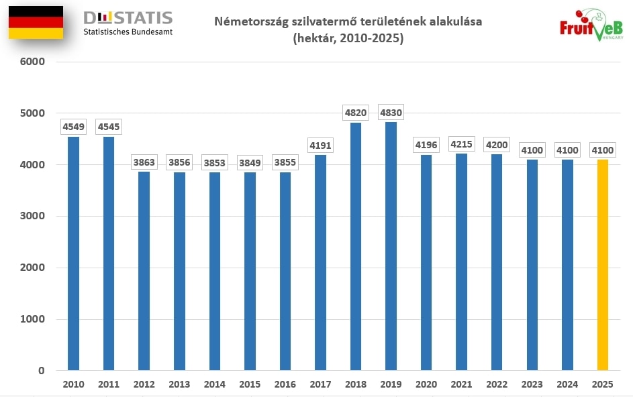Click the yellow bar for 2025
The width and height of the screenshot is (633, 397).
602,265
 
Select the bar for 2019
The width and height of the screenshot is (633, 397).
391,246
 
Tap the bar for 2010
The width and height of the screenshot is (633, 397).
73,253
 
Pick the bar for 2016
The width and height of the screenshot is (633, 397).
285,271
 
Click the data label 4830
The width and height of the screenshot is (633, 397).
391,113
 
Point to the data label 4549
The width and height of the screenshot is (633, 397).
73,126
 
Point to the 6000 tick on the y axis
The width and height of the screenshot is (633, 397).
32,62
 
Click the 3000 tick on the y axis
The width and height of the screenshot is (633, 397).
32,216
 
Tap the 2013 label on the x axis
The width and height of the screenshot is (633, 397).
179,385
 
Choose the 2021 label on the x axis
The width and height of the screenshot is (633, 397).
461,385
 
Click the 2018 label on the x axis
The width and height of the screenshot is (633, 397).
356,385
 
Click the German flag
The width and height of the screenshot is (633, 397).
36,22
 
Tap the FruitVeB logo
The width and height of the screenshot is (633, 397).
591,25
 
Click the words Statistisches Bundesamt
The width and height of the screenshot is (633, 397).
128,32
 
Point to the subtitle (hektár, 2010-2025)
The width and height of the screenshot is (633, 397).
348,39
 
